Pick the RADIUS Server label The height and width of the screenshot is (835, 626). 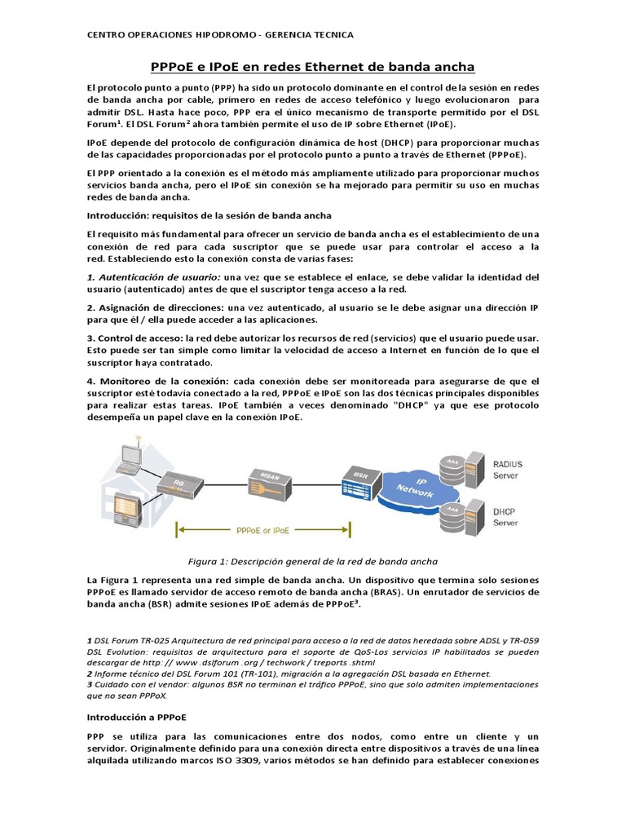pos(508,470)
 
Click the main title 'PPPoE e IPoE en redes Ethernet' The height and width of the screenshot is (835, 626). pos(313,66)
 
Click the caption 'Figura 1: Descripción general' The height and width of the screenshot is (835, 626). pos(313,561)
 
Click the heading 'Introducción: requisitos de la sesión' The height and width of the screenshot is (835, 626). pos(209,215)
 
